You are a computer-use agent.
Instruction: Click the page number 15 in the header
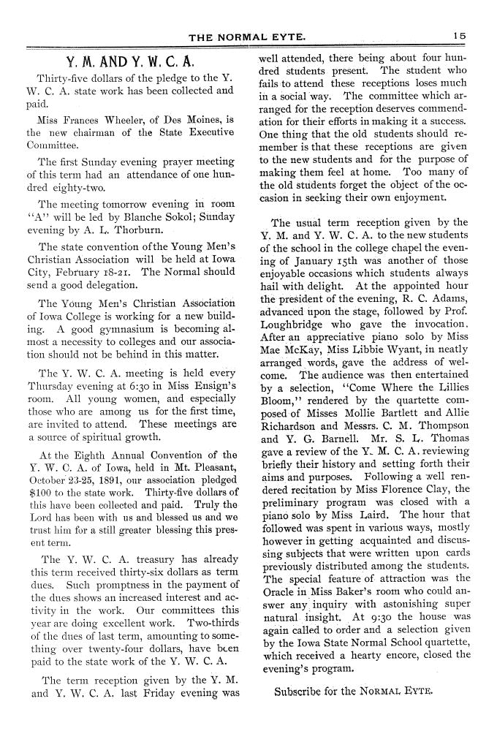tap(459, 35)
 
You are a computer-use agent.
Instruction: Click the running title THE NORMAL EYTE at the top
tap(248, 35)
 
